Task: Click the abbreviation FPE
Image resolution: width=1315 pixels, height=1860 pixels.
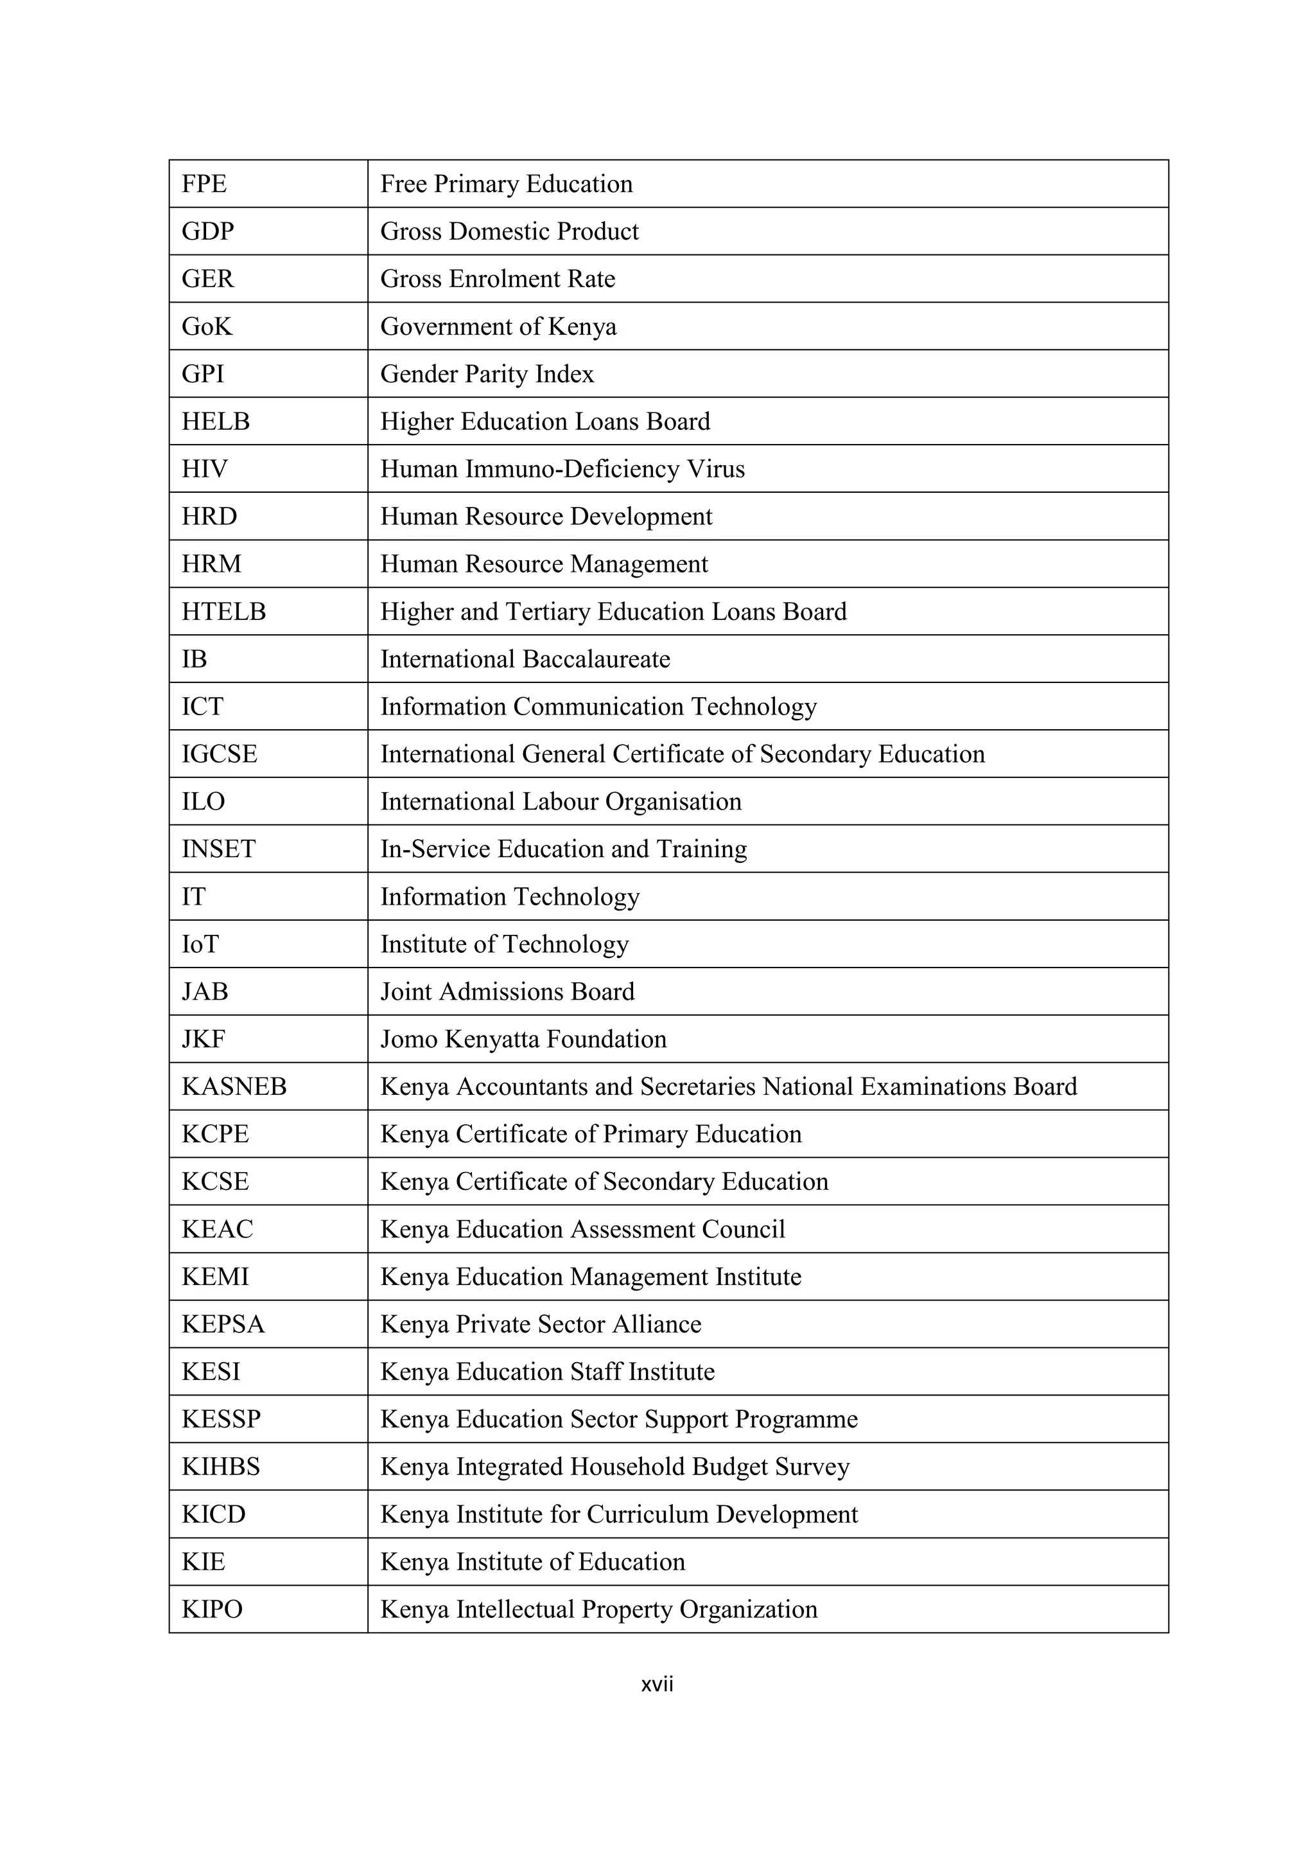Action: click(x=204, y=184)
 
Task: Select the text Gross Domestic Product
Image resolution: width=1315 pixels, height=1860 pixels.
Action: click(x=509, y=232)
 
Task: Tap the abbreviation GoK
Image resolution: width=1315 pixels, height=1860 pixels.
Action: click(x=207, y=326)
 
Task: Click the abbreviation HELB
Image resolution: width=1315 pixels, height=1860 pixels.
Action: click(x=215, y=421)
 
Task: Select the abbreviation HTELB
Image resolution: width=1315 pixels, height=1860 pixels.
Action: click(x=223, y=612)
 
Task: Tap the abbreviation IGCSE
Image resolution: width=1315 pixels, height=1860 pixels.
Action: click(x=220, y=754)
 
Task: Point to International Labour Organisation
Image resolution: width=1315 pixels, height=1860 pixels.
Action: click(x=561, y=802)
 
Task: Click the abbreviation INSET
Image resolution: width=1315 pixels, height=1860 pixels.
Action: click(x=218, y=849)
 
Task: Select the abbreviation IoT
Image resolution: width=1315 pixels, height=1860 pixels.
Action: click(x=200, y=944)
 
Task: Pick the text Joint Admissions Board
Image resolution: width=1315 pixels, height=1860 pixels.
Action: click(x=507, y=991)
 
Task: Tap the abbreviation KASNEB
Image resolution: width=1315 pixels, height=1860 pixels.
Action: click(x=234, y=1086)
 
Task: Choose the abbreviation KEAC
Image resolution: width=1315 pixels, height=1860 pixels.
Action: click(x=217, y=1229)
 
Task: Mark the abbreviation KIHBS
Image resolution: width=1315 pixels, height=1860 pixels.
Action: click(x=221, y=1467)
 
